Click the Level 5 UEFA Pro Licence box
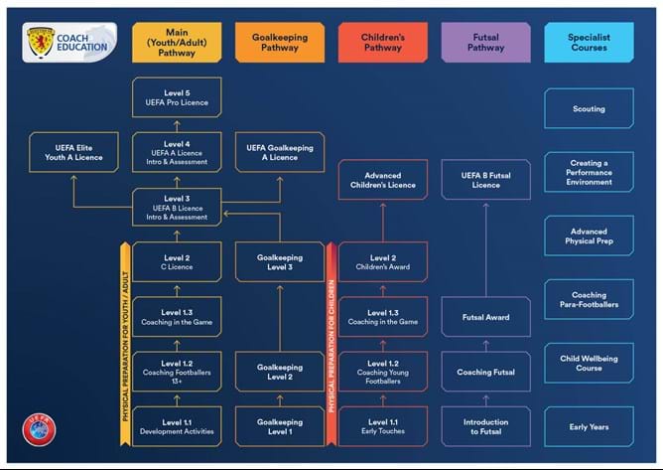click(x=177, y=98)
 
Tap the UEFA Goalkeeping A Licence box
click(x=279, y=152)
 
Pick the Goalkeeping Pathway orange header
click(x=280, y=42)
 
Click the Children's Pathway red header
click(x=382, y=42)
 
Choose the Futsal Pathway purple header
click(x=485, y=42)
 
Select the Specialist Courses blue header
click(x=589, y=42)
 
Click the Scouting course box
click(x=589, y=109)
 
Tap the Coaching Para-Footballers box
click(x=589, y=299)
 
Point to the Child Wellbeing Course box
click(x=589, y=363)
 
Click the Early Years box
click(x=589, y=427)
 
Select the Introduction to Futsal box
click(x=485, y=427)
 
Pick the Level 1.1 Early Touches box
click(x=382, y=427)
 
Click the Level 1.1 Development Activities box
click(x=177, y=427)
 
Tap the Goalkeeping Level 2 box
click(x=279, y=372)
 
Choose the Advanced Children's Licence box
click(x=382, y=180)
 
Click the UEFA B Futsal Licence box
click(x=485, y=180)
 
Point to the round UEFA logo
click(x=40, y=428)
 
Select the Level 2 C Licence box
click(x=177, y=262)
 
